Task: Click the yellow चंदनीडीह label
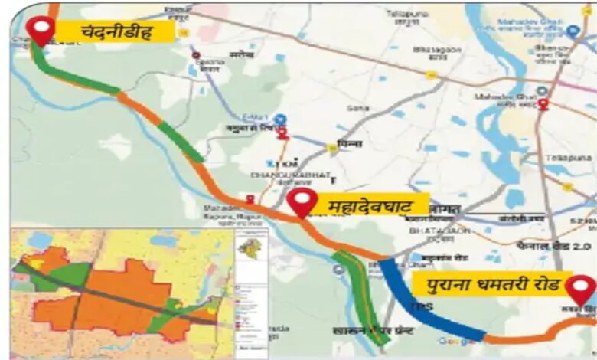pos(116,31)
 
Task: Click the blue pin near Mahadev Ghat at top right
pos(573,31)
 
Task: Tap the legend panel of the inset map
pos(251,291)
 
